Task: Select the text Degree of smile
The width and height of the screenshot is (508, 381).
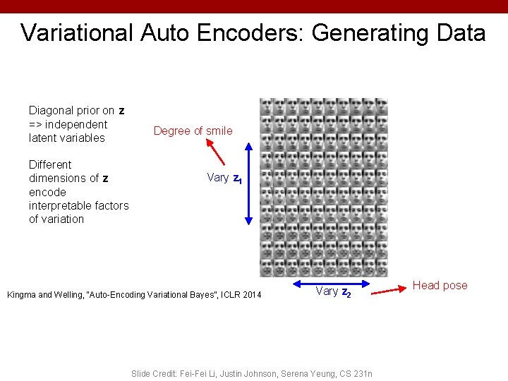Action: (193, 131)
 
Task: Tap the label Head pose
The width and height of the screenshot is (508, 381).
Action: (440, 285)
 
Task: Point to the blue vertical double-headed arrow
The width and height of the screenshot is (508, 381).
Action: (248, 183)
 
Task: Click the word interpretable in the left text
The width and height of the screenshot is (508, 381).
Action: (61, 205)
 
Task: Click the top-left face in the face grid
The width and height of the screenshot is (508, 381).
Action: (266, 106)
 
